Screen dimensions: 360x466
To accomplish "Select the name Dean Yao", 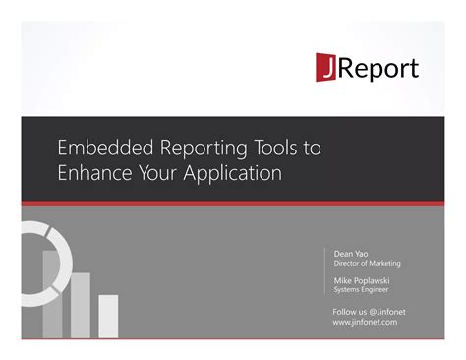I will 352,253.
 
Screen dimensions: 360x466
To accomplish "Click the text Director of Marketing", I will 367,263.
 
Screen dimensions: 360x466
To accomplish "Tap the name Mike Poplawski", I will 363,280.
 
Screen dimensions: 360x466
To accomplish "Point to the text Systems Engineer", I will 360,290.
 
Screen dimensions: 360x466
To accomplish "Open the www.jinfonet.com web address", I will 365,322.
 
